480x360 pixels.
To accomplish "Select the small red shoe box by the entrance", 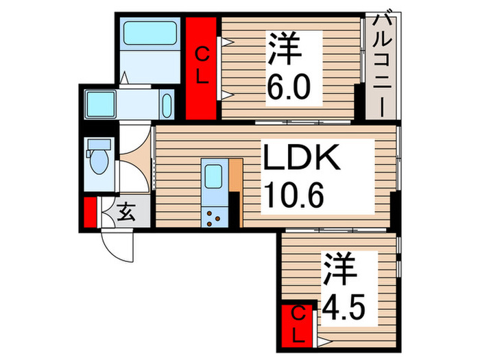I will pos(90,212).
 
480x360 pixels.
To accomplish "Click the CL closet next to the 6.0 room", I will pos(203,69).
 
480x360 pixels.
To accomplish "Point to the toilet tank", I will pos(100,145).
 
